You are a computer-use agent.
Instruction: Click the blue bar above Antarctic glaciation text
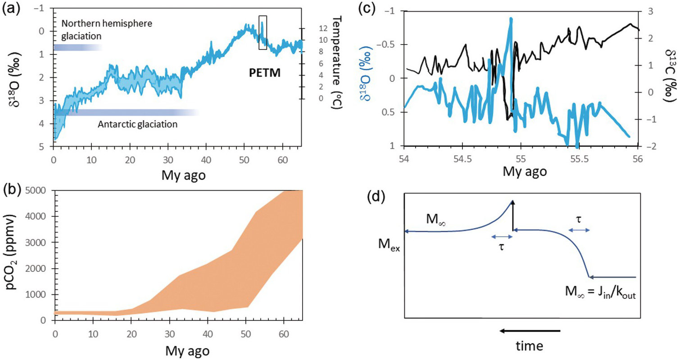point(126,112)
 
